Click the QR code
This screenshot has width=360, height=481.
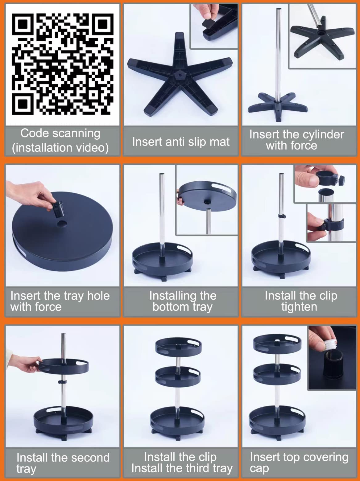tap(63, 64)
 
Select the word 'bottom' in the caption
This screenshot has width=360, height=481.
tap(170, 306)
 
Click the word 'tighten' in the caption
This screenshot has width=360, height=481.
tap(299, 307)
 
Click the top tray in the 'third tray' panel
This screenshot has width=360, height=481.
tap(179, 346)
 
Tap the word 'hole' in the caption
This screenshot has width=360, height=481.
tap(98, 296)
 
